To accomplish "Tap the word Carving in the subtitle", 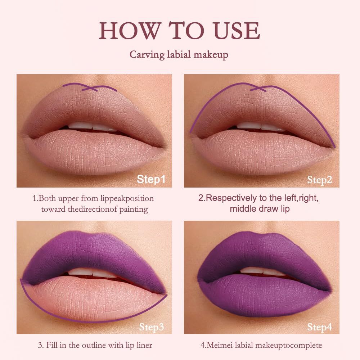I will coord(147,55).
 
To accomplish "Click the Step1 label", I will coord(151,179).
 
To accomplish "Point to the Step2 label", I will coord(319,180).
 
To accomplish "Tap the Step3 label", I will coord(152,327).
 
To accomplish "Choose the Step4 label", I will coord(319,327).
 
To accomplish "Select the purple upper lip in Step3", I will coord(94,252).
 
